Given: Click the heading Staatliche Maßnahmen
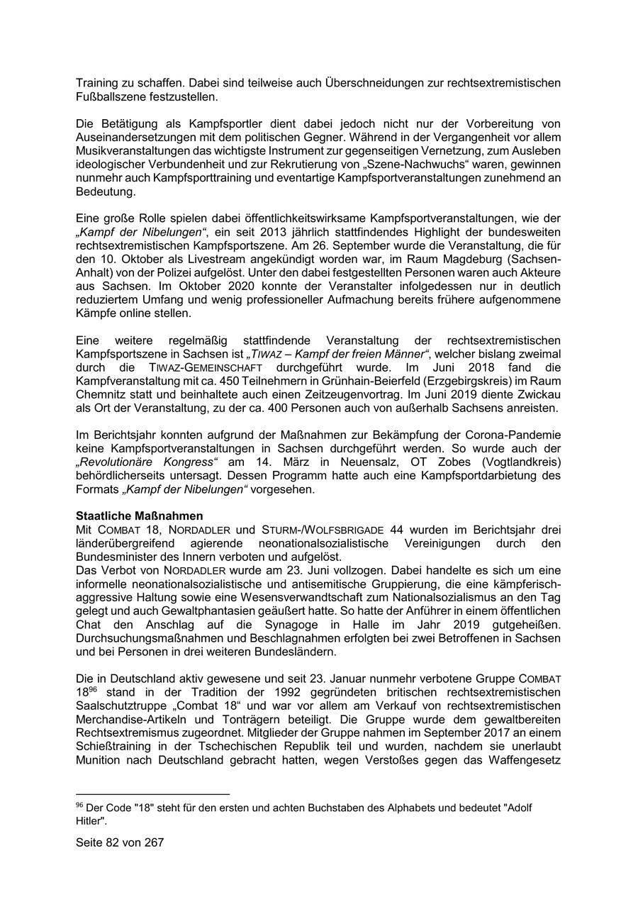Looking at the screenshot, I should click(140, 516).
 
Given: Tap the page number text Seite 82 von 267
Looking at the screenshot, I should click(120, 842).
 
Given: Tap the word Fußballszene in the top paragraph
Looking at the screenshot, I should click(109, 96).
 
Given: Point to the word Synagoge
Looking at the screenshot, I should click(322, 625).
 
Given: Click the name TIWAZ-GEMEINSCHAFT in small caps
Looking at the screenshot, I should click(206, 367).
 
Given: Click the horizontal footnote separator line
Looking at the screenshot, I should click(152, 794).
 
